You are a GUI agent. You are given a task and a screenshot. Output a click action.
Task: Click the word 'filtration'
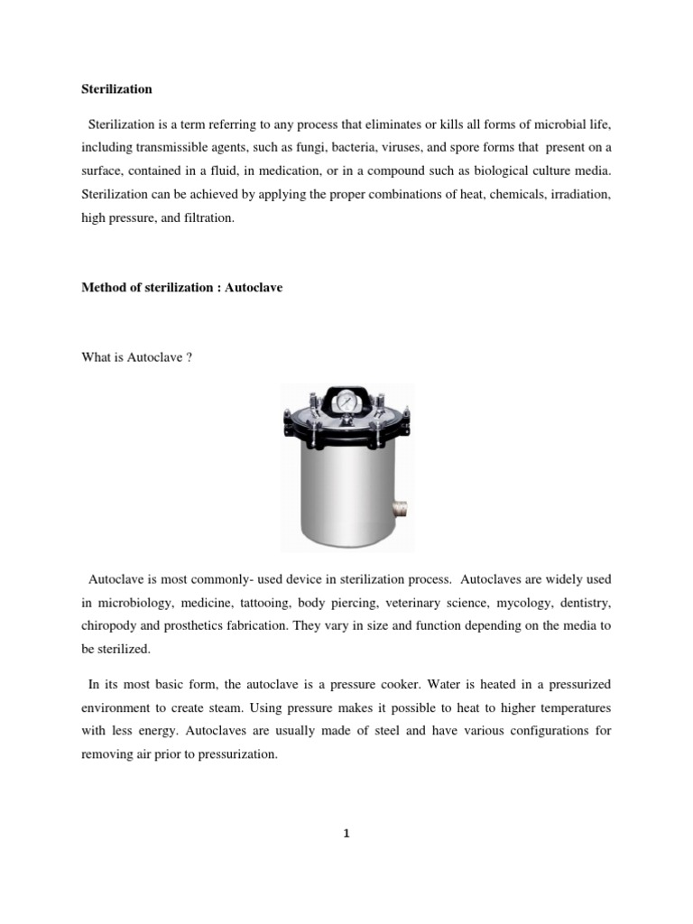(x=208, y=217)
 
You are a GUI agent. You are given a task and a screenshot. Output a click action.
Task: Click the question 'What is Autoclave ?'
(x=137, y=358)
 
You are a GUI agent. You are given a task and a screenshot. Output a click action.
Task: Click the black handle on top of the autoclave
(x=346, y=390)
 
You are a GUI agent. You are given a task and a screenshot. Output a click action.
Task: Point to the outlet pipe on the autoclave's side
(x=401, y=510)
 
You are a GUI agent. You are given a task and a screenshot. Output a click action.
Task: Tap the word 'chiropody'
(x=111, y=624)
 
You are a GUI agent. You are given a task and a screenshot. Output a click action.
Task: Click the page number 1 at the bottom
(x=346, y=834)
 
